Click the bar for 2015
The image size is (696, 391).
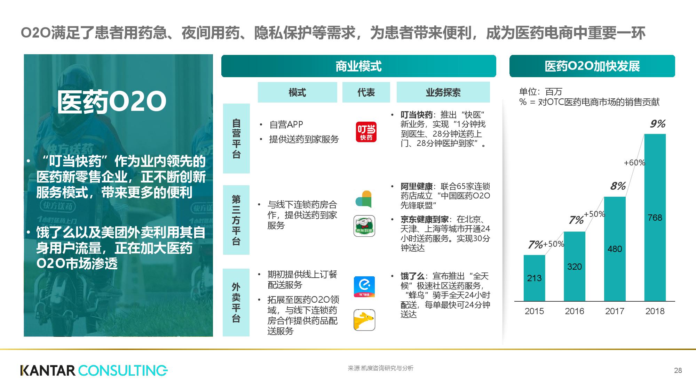tap(534, 278)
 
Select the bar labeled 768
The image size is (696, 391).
tap(655, 218)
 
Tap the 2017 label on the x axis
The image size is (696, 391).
tap(615, 311)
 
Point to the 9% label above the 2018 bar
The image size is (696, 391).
tap(658, 124)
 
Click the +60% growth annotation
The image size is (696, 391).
tap(634, 163)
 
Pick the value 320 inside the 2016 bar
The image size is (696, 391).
tap(575, 267)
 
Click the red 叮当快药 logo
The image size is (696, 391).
tap(366, 132)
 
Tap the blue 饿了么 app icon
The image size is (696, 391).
tap(364, 287)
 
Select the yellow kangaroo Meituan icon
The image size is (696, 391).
tap(364, 320)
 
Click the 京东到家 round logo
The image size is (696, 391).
tap(364, 226)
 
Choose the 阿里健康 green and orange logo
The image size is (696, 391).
tap(364, 199)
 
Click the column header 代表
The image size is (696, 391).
tap(366, 92)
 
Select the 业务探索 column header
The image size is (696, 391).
tap(443, 92)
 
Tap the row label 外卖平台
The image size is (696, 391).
tap(236, 302)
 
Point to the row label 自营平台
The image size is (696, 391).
tap(236, 138)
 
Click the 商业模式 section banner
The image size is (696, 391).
tap(358, 66)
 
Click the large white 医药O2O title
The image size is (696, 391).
tap(112, 102)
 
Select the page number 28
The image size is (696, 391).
tap(678, 370)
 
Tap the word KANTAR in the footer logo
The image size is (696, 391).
tap(48, 370)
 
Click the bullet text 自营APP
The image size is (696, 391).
tap(286, 124)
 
